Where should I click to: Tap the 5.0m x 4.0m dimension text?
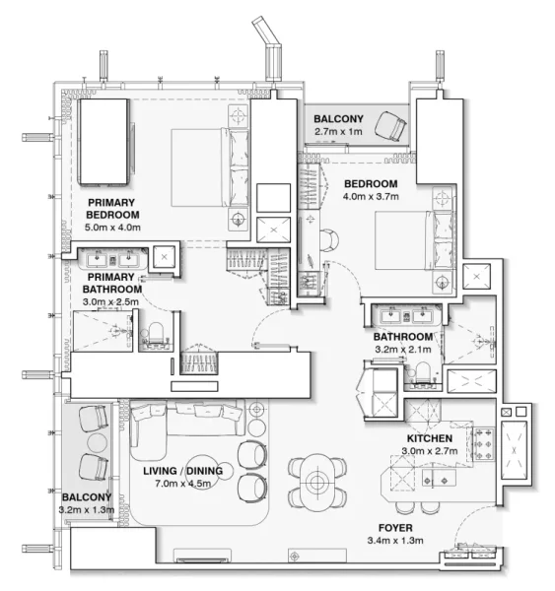[x=113, y=228]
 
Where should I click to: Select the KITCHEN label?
[x=429, y=438]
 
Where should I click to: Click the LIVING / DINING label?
[x=182, y=471]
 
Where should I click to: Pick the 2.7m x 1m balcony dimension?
[x=338, y=131]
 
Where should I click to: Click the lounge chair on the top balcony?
[x=394, y=126]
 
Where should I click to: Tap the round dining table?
[x=316, y=482]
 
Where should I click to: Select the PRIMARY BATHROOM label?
[x=109, y=284]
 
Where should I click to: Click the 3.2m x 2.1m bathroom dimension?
[x=402, y=348]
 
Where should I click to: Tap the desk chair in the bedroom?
[x=328, y=239]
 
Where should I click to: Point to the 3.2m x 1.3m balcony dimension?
[x=88, y=510]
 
